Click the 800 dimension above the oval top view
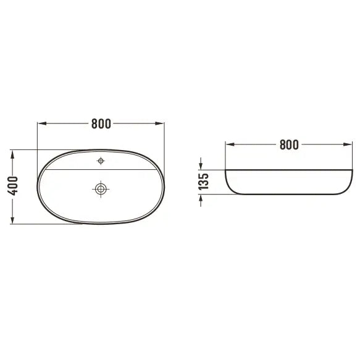pyautogui.click(x=101, y=123)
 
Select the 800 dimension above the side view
pyautogui.click(x=288, y=144)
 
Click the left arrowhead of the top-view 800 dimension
pyautogui.click(x=41, y=123)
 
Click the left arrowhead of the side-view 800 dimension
pyautogui.click(x=228, y=144)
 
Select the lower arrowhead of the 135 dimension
pyautogui.click(x=201, y=198)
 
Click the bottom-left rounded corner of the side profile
pyautogui.click(x=232, y=189)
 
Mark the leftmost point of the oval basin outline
pyautogui.click(x=38, y=186)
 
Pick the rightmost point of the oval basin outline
pyautogui.click(x=164, y=186)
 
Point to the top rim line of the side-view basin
pyautogui.click(x=287, y=169)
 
